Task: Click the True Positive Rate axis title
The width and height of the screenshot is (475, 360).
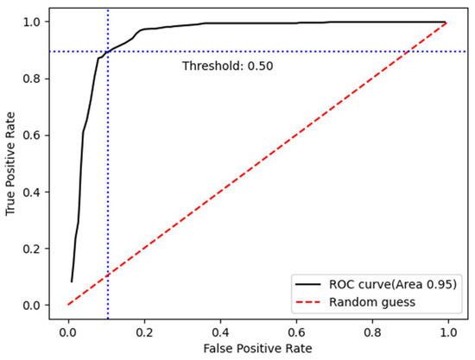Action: point(12,162)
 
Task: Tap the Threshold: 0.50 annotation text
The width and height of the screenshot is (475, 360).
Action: point(227,66)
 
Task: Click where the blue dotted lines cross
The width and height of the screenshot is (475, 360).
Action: point(107,52)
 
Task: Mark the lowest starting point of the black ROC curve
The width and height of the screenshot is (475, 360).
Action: point(72,281)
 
